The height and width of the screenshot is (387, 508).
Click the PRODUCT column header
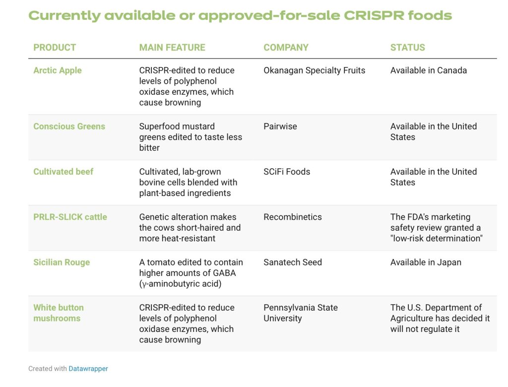coord(55,48)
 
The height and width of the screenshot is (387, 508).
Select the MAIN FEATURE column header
coord(172,48)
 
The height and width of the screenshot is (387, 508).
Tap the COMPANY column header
coord(286,48)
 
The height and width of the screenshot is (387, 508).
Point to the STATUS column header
coord(407,48)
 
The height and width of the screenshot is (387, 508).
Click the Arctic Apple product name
coord(58,70)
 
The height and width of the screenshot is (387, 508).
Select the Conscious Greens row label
coord(69,127)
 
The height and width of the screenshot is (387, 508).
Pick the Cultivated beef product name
coord(63,172)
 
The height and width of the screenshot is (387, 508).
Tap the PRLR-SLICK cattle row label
coord(70,217)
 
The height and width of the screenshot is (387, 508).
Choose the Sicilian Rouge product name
coord(62,262)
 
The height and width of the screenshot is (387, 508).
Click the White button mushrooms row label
coord(59,313)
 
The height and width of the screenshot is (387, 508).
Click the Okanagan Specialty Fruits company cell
coord(314,70)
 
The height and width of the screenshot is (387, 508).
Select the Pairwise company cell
coord(280,127)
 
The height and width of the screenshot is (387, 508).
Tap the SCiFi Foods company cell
coord(287,172)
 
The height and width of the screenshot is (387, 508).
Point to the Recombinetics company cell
coord(293,217)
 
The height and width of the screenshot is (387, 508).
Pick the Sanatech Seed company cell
coord(293,262)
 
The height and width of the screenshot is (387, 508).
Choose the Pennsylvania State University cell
coord(300,313)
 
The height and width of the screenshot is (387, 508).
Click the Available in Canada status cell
coord(428,70)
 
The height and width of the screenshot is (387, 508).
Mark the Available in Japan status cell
coord(426,262)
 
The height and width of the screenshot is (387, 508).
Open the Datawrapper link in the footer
coord(88,369)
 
